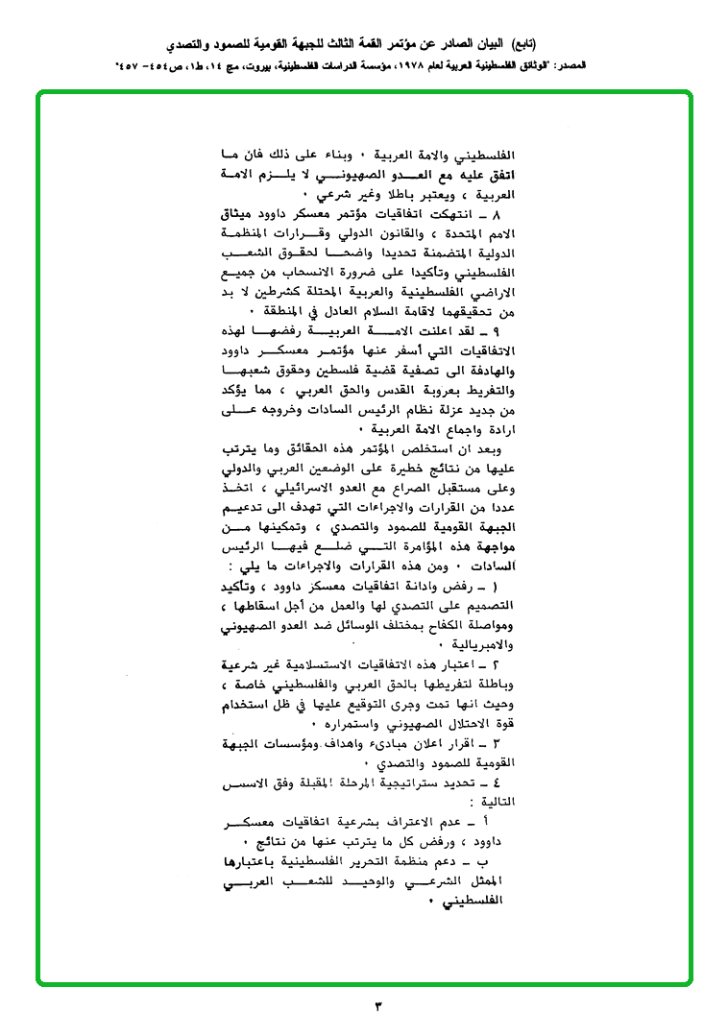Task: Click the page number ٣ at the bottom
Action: click(x=376, y=1005)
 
